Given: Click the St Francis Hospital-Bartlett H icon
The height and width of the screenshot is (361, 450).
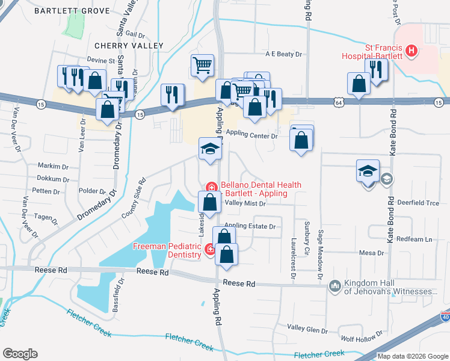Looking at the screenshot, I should click(x=411, y=51).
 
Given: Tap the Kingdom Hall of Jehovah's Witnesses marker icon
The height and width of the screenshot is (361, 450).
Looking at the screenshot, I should click(x=335, y=286).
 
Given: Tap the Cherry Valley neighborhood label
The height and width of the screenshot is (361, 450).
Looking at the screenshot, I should click(x=129, y=46).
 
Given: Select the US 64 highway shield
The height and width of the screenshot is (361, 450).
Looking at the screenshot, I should click(x=339, y=103).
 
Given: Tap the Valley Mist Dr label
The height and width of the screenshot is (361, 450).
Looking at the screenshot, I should click(x=245, y=203).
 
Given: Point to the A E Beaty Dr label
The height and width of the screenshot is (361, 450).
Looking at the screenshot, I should click(x=283, y=54).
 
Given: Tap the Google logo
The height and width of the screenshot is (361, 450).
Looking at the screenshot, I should click(x=19, y=354).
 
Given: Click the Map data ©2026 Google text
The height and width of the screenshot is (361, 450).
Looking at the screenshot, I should click(x=412, y=356).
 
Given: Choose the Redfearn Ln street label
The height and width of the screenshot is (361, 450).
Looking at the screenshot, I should click(x=415, y=239).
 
